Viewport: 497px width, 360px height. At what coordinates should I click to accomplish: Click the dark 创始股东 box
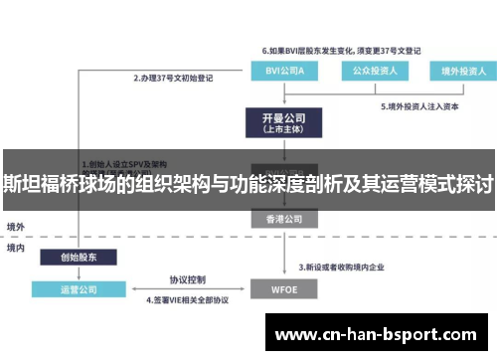(x=79, y=256)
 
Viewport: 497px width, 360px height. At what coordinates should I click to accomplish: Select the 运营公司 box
(x=79, y=289)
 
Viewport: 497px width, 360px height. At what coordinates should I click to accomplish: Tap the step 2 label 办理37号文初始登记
(x=175, y=77)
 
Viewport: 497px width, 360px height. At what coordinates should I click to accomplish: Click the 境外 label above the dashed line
(x=16, y=226)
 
